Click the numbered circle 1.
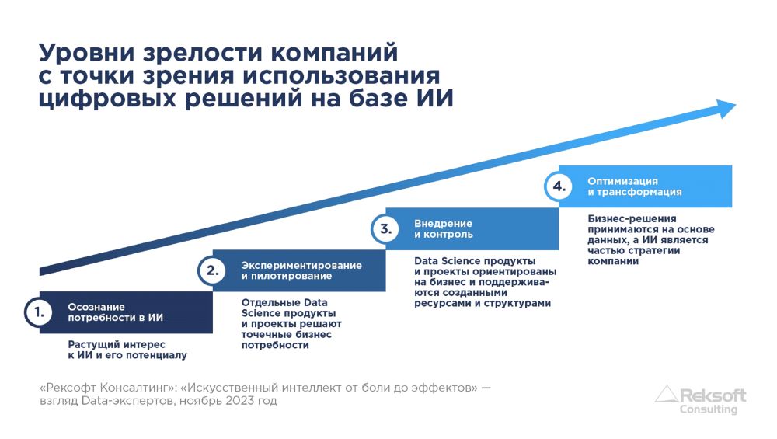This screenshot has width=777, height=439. point(39,312)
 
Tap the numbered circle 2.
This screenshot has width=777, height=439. point(213,270)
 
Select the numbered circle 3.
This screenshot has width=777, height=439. point(385,228)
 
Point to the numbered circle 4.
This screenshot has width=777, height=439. point(559,186)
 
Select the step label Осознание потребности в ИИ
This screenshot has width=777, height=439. point(116,312)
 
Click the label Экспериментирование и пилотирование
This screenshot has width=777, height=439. point(301,270)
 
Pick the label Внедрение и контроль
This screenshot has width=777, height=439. point(444,228)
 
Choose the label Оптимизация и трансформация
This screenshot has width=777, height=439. point(635,186)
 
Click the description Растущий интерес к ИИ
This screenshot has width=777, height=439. point(127,350)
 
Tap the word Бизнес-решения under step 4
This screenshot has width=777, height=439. point(632,218)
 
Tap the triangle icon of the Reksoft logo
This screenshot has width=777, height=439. point(667,393)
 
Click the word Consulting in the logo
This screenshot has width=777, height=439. point(708,409)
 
